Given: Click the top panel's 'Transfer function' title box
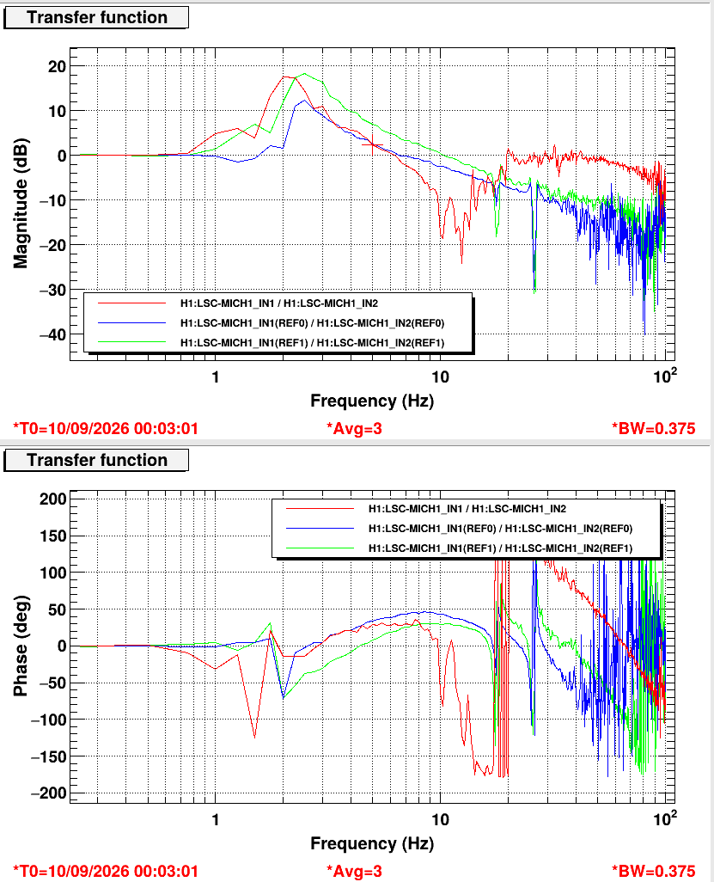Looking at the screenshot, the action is (x=96, y=17).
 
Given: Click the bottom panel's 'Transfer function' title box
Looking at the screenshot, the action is (x=96, y=460).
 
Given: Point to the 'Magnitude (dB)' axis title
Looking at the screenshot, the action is (x=21, y=203).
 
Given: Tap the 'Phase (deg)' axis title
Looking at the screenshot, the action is (x=21, y=646).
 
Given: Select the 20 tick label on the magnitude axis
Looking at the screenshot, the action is (x=58, y=66).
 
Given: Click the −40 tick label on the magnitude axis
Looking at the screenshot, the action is (x=53, y=334).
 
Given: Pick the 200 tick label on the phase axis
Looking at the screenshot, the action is (x=53, y=499).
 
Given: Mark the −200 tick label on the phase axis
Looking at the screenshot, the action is (x=48, y=793).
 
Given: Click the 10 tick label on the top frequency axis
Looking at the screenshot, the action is (x=440, y=377).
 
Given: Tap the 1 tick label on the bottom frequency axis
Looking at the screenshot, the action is (x=216, y=819).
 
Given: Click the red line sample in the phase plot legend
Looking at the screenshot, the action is (x=320, y=509).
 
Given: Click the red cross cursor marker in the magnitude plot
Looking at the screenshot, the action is (x=372, y=145).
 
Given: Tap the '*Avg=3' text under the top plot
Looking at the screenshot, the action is (x=354, y=429).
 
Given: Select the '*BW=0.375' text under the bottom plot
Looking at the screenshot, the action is (x=653, y=872).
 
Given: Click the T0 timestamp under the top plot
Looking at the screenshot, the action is (x=106, y=429).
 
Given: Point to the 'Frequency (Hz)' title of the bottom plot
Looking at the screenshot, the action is (x=372, y=843).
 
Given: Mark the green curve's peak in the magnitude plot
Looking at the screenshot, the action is (x=304, y=74).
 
